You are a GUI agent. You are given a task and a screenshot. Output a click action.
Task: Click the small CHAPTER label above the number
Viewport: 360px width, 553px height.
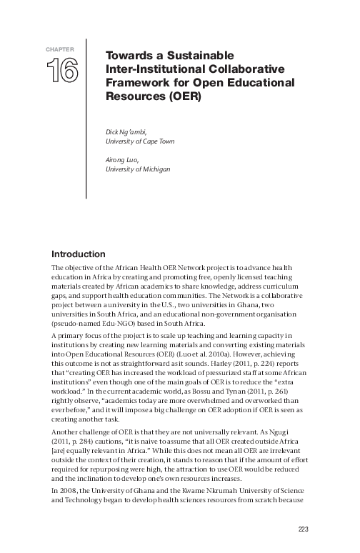(61, 49)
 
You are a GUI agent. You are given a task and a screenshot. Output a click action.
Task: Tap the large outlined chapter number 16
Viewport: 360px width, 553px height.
(62, 71)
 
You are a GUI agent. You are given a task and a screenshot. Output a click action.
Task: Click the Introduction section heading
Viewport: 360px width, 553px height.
(79, 254)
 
